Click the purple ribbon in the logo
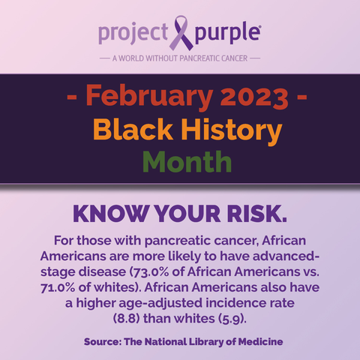(181, 33)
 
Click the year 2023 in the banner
(254, 96)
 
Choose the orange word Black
(133, 129)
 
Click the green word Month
(187, 161)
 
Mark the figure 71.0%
(58, 288)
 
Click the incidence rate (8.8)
(126, 319)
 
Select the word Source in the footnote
(103, 342)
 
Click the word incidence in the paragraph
(232, 303)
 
